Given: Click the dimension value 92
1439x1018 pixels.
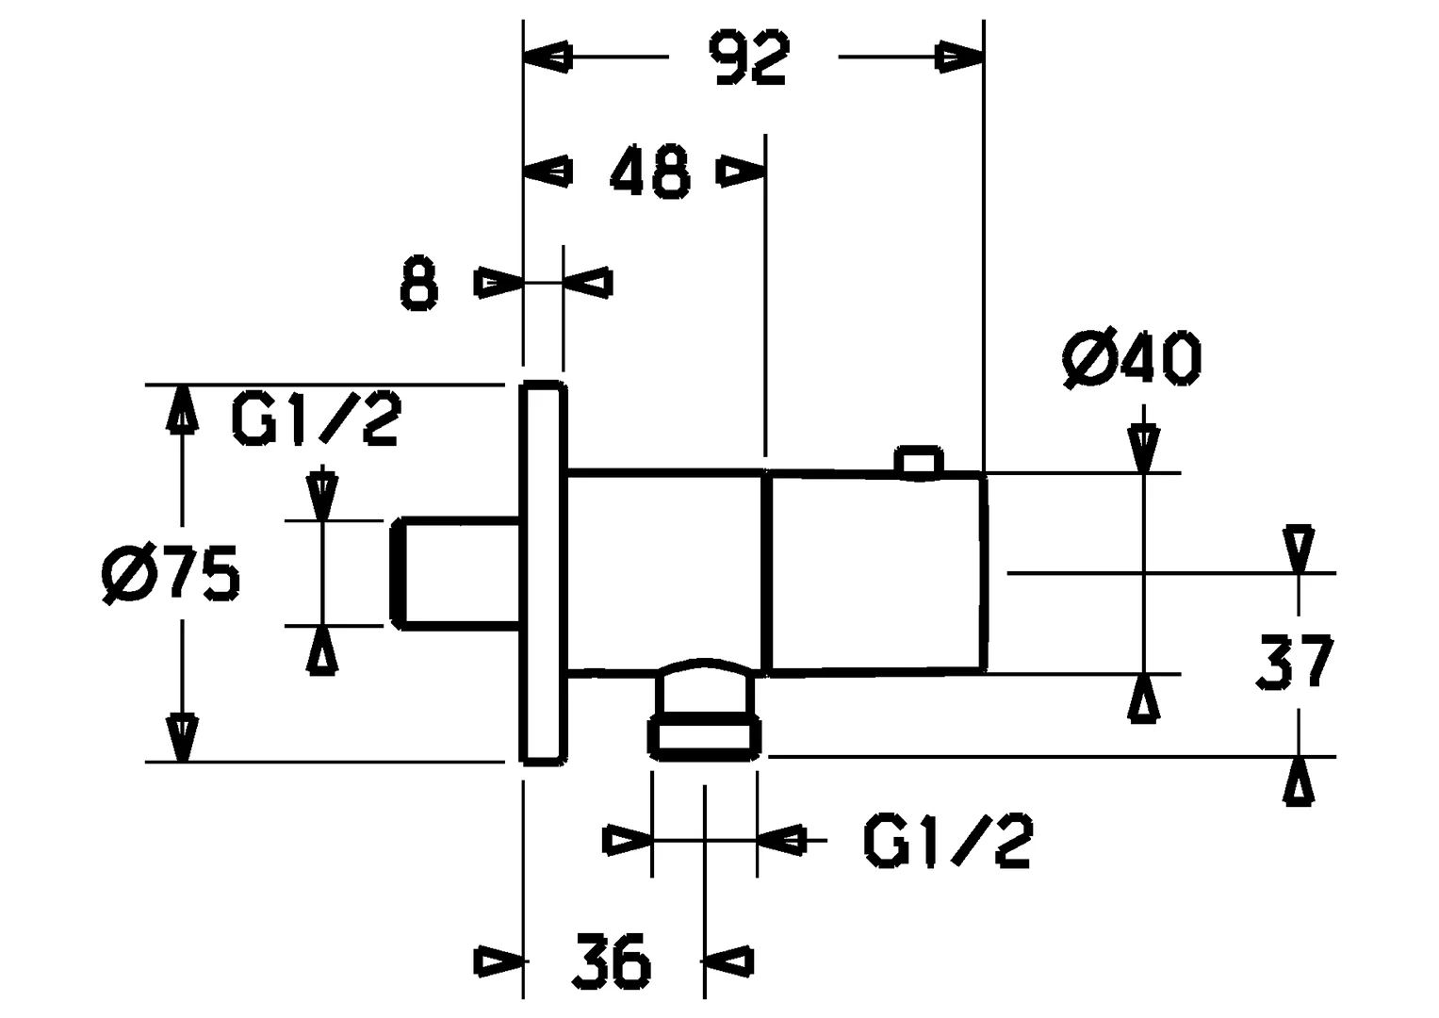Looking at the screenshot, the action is coord(749,58).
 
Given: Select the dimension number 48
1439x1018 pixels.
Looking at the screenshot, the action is coord(650,172).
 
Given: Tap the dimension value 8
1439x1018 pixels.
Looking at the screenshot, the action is coord(418,284).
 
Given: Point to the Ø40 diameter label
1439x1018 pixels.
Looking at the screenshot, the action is coord(1131,359).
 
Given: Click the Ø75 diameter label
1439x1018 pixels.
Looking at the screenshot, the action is coord(171,574).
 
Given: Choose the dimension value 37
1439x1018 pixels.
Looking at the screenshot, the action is coord(1294,663).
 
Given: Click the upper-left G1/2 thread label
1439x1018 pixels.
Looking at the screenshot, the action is coord(316,419).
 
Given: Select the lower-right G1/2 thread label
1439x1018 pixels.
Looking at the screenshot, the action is coord(948,840).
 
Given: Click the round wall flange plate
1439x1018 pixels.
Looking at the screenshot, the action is coord(544,574).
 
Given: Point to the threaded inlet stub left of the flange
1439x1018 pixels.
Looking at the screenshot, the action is coord(455,573).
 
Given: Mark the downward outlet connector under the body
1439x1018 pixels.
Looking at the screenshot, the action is coord(706,710).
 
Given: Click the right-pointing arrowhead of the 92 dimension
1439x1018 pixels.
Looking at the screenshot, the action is coord(959,57).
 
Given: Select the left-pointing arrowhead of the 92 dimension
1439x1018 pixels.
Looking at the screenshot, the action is coord(548,57).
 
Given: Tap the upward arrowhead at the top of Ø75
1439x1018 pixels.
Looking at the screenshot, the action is coord(183,409).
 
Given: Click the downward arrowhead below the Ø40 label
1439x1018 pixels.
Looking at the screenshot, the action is coord(1143,448).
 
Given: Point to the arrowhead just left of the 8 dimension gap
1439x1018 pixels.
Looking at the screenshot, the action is coord(499,283).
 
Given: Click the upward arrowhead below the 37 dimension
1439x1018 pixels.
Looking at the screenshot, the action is coord(1299,780).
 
